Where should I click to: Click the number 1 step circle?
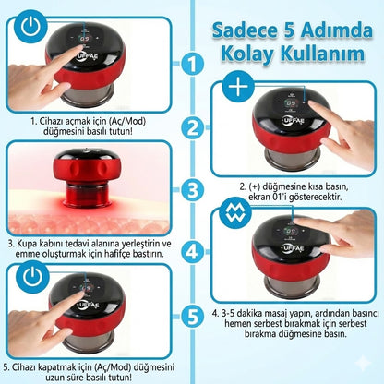[190, 65]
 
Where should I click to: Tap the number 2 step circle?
[190, 128]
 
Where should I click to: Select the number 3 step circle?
[190, 190]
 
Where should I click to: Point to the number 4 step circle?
[190, 251]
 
